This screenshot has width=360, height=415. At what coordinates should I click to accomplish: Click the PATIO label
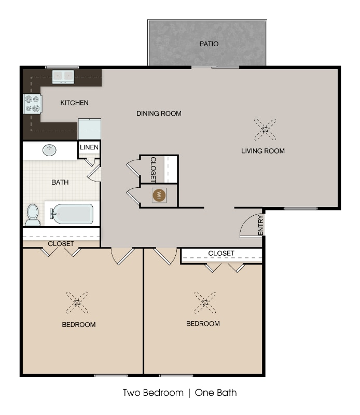209,44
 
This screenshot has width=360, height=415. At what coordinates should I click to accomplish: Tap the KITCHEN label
74,103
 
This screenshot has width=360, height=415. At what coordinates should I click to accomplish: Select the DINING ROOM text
159,113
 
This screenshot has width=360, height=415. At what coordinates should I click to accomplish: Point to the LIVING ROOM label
263,151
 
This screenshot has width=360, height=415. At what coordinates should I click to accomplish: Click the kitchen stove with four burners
32,104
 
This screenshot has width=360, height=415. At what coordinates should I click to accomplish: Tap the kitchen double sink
63,77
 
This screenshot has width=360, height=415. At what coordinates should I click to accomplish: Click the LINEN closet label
89,148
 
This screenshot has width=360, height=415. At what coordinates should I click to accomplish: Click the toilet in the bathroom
33,214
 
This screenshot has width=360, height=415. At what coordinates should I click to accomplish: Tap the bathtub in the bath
72,214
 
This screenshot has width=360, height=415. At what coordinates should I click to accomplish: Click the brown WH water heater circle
159,196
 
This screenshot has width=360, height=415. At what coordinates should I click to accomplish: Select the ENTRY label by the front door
261,225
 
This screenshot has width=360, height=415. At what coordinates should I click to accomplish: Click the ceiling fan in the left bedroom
77,302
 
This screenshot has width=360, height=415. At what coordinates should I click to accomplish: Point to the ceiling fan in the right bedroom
204,302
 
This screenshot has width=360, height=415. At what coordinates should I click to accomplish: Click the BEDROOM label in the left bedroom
79,325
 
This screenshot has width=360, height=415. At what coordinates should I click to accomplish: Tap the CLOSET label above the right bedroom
221,253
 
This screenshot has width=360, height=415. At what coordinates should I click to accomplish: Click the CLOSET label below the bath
61,243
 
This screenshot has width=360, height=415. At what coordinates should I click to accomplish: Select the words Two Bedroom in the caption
153,393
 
